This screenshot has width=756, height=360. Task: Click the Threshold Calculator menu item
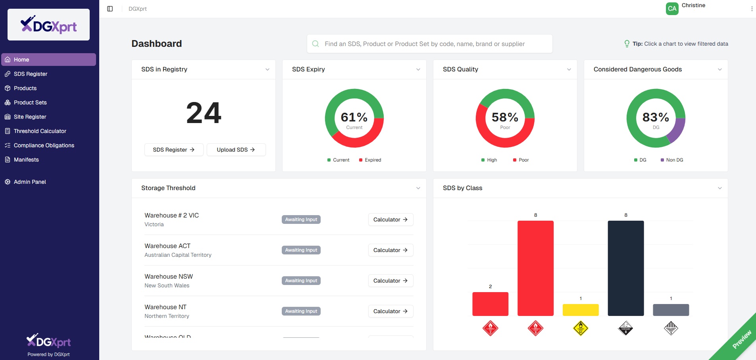[40, 131]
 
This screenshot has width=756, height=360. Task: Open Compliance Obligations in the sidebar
[44, 145]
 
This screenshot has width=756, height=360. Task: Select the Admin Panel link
[30, 182]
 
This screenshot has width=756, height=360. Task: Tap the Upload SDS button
[236, 150]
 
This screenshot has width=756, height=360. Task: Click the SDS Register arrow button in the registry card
[174, 150]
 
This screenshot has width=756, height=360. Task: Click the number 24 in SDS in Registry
[204, 113]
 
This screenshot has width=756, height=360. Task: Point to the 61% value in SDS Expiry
[354, 117]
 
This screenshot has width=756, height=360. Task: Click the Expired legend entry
[370, 160]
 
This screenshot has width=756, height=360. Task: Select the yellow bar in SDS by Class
[581, 310]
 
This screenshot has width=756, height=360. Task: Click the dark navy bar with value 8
[626, 268]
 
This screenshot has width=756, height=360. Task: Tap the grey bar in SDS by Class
[671, 310]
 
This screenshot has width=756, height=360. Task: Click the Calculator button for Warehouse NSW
[391, 281]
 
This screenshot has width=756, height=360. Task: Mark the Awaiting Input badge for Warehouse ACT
[301, 250]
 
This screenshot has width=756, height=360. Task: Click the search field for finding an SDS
[429, 44]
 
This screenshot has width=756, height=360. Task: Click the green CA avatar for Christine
[672, 9]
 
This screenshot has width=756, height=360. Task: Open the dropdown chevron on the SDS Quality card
[569, 69]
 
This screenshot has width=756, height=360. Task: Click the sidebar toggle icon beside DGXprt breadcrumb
[110, 9]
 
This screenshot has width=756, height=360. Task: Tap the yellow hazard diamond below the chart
[581, 328]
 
